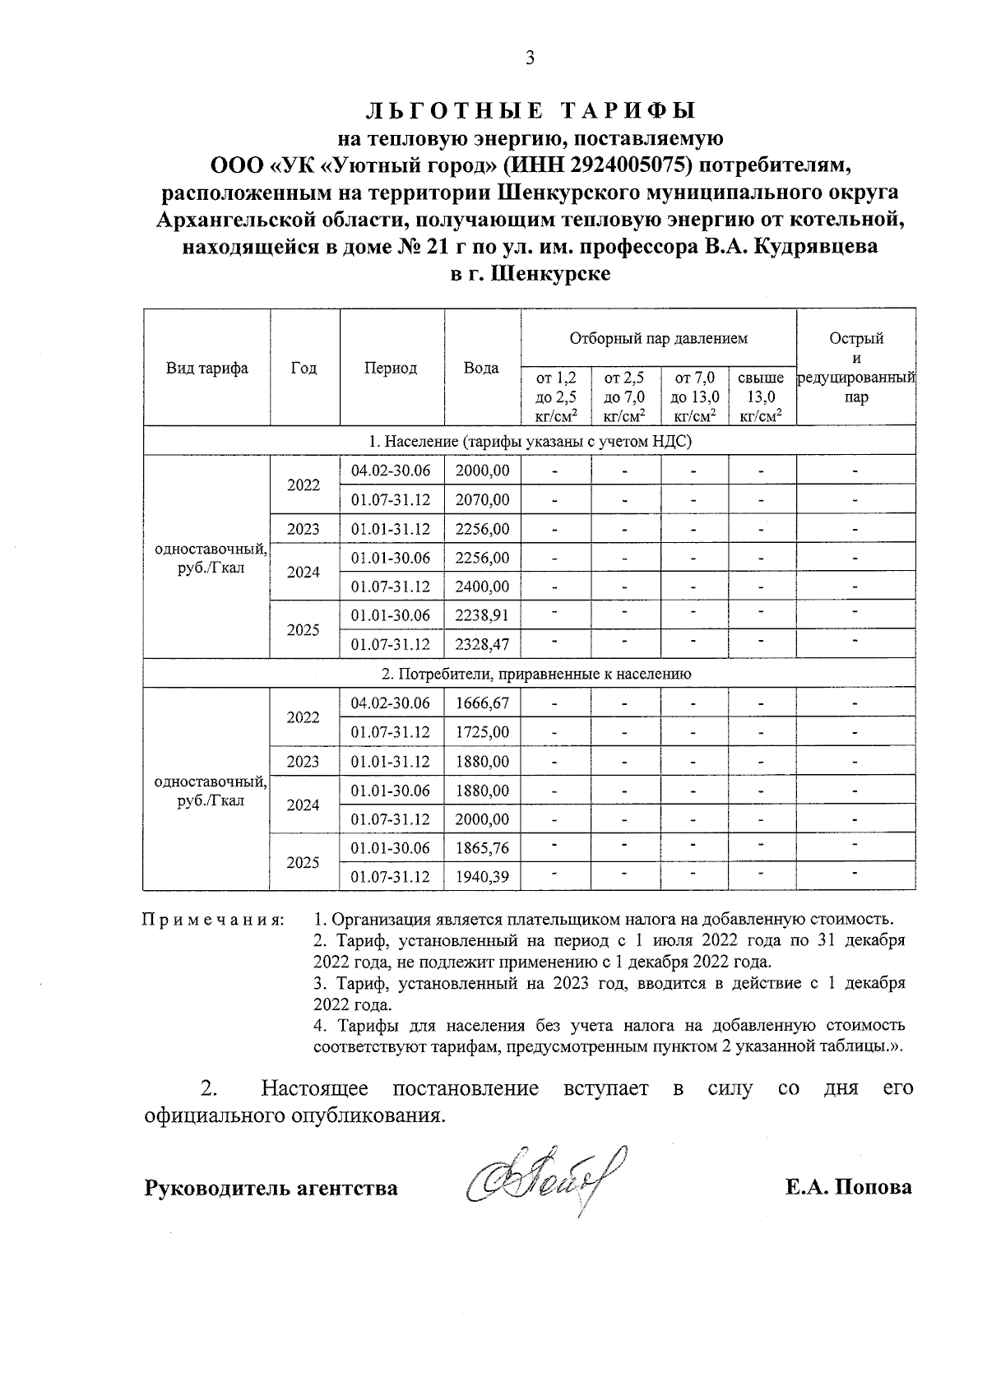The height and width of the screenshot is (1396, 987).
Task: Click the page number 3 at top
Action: point(530,58)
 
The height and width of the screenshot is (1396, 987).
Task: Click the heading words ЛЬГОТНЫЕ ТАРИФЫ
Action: point(530,110)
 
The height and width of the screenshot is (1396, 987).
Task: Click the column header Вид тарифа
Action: point(207,369)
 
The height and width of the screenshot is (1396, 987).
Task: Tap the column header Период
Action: point(391,369)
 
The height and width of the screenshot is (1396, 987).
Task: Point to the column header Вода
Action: point(481,369)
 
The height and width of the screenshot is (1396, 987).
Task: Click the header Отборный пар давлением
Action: point(658,338)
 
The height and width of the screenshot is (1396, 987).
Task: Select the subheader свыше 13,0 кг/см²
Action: point(761,397)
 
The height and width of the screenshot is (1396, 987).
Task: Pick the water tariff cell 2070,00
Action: point(482,499)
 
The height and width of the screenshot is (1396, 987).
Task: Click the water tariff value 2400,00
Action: point(482,587)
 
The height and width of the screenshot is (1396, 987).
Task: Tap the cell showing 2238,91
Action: point(482,615)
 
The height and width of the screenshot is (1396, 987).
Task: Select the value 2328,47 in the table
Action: point(482,644)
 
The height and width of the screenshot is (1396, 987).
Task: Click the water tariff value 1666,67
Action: point(482,703)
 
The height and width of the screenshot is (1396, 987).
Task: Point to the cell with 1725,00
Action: point(482,732)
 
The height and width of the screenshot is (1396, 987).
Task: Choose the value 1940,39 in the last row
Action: point(482,877)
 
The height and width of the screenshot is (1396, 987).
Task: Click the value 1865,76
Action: point(482,848)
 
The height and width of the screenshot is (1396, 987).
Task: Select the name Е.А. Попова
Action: point(849,1188)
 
